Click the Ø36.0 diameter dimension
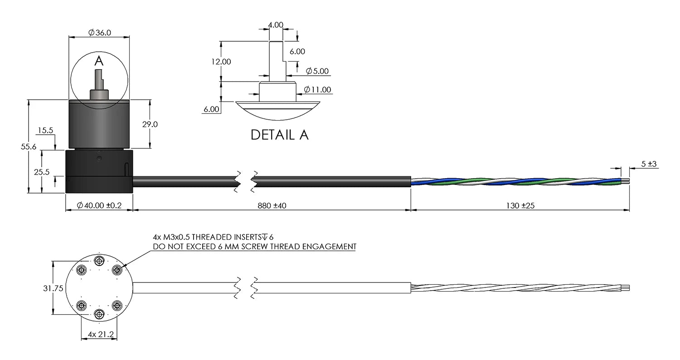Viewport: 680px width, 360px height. click(99, 32)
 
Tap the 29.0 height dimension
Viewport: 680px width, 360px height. click(150, 124)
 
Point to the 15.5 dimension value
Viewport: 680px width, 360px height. click(45, 131)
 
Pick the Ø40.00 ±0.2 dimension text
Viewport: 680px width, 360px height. click(99, 205)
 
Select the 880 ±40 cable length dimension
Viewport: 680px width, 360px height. click(272, 205)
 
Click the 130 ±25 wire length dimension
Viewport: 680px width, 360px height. click(520, 205)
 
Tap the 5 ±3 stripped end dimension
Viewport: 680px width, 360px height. click(650, 164)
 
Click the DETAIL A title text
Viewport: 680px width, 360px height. click(279, 135)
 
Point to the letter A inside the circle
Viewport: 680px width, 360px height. click(99, 60)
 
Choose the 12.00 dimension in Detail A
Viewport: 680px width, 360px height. click(222, 62)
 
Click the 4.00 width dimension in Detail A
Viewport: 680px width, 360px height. click(275, 25)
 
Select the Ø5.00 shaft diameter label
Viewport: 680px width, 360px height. click(317, 71)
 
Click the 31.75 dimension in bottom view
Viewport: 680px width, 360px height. click(53, 288)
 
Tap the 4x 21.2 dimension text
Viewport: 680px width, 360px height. click(100, 335)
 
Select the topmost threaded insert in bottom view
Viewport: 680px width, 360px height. click(99, 261)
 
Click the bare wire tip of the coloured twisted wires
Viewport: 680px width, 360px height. click(626, 181)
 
